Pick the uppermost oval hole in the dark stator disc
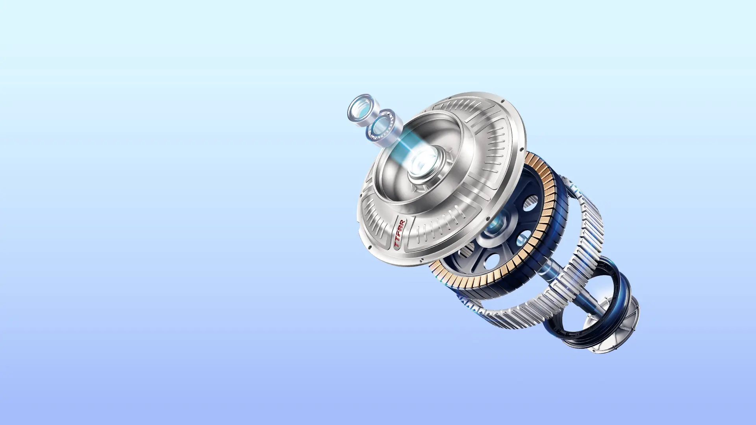pos(531,203)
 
